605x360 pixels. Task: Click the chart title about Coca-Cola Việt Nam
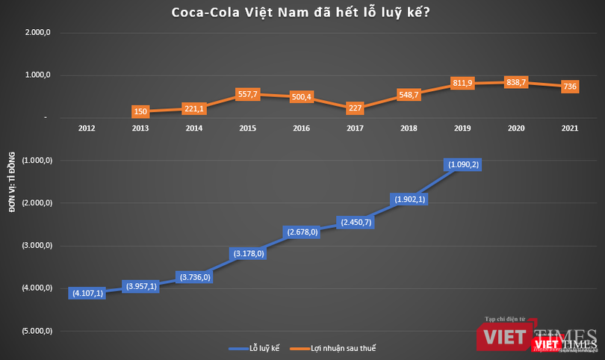pyautogui.click(x=302, y=13)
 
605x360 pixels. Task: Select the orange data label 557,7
pyautogui.click(x=246, y=95)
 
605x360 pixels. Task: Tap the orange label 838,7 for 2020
pyautogui.click(x=516, y=82)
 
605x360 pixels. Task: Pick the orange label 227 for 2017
pyautogui.click(x=355, y=108)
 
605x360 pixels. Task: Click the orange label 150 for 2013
pyautogui.click(x=140, y=112)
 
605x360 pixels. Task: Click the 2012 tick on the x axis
pyautogui.click(x=87, y=128)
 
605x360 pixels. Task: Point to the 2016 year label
pyautogui.click(x=302, y=128)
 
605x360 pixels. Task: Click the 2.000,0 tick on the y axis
pyautogui.click(x=37, y=33)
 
